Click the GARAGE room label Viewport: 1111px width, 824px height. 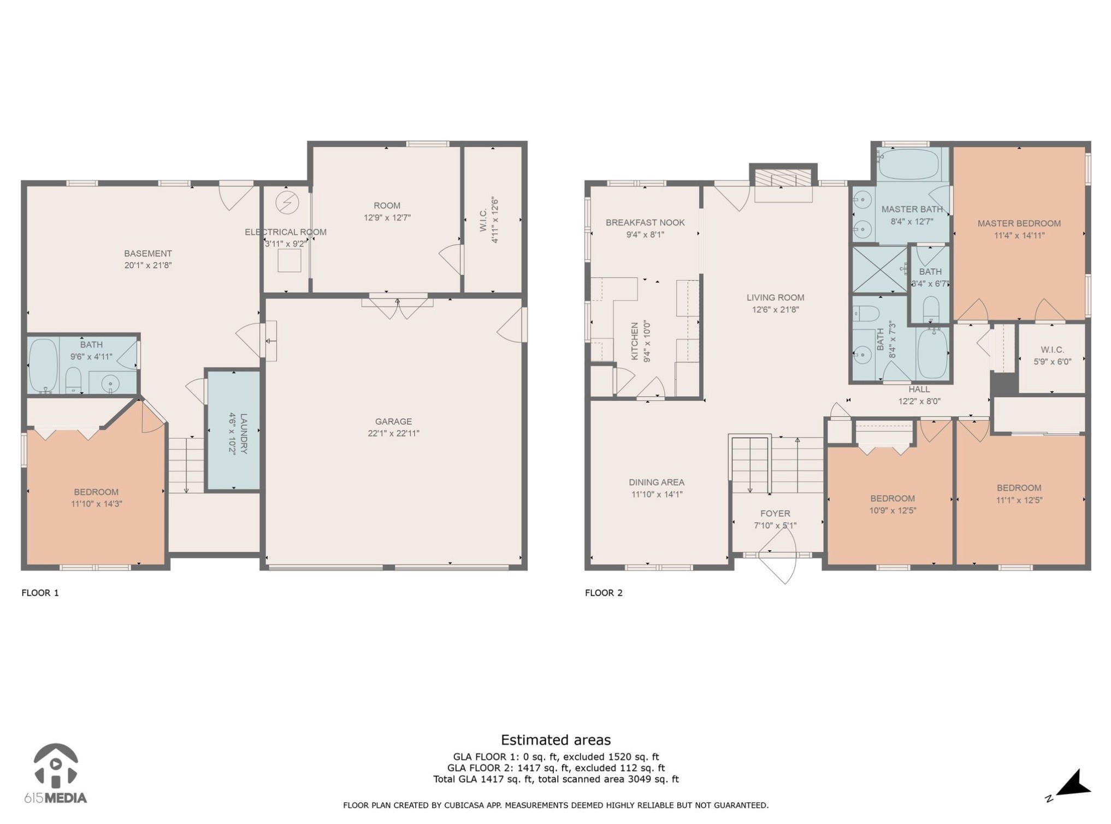pos(393,421)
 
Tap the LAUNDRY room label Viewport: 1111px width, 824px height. pos(244,433)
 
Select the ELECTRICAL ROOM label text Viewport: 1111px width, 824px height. pos(286,232)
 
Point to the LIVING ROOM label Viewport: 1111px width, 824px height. pos(775,298)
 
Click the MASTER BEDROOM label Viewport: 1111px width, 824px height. pos(1019,223)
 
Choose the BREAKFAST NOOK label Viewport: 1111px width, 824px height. pos(645,223)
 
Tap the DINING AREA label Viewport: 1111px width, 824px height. pos(657,482)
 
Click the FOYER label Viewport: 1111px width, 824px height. pos(775,514)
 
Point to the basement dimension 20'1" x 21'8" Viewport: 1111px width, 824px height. pos(148,266)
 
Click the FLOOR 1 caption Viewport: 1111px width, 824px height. pos(40,593)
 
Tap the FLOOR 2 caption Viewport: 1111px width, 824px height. pos(604,593)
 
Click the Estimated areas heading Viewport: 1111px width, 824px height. pos(556,740)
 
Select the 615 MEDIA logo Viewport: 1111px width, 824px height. pos(55,774)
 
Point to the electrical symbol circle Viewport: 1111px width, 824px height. pos(287,202)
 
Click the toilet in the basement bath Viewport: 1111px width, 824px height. pos(73,380)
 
